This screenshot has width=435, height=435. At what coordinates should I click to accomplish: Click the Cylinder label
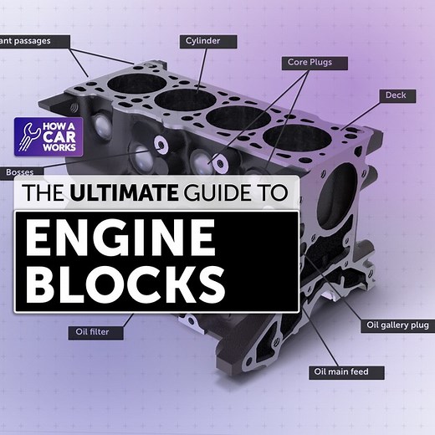(x=208, y=39)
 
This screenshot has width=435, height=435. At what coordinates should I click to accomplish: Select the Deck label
(x=395, y=96)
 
